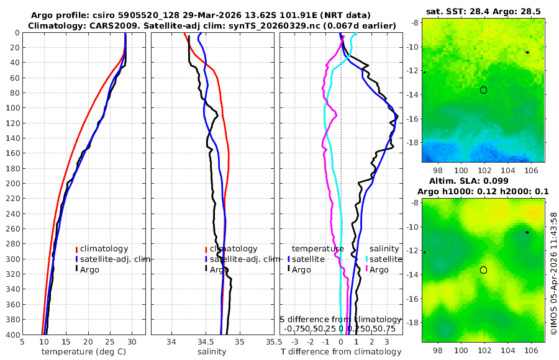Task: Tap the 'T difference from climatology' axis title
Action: click(x=341, y=352)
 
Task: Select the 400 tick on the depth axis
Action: click(x=13, y=335)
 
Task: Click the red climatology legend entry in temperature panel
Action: click(x=104, y=249)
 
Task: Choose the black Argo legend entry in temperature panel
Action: click(x=89, y=269)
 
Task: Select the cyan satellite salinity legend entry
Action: click(x=381, y=259)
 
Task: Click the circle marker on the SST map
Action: click(x=483, y=90)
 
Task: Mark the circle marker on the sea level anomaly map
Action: click(x=483, y=270)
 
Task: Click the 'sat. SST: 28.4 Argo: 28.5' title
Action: click(x=483, y=12)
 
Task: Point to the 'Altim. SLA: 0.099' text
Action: click(x=483, y=180)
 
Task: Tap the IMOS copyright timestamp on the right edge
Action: click(x=553, y=273)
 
